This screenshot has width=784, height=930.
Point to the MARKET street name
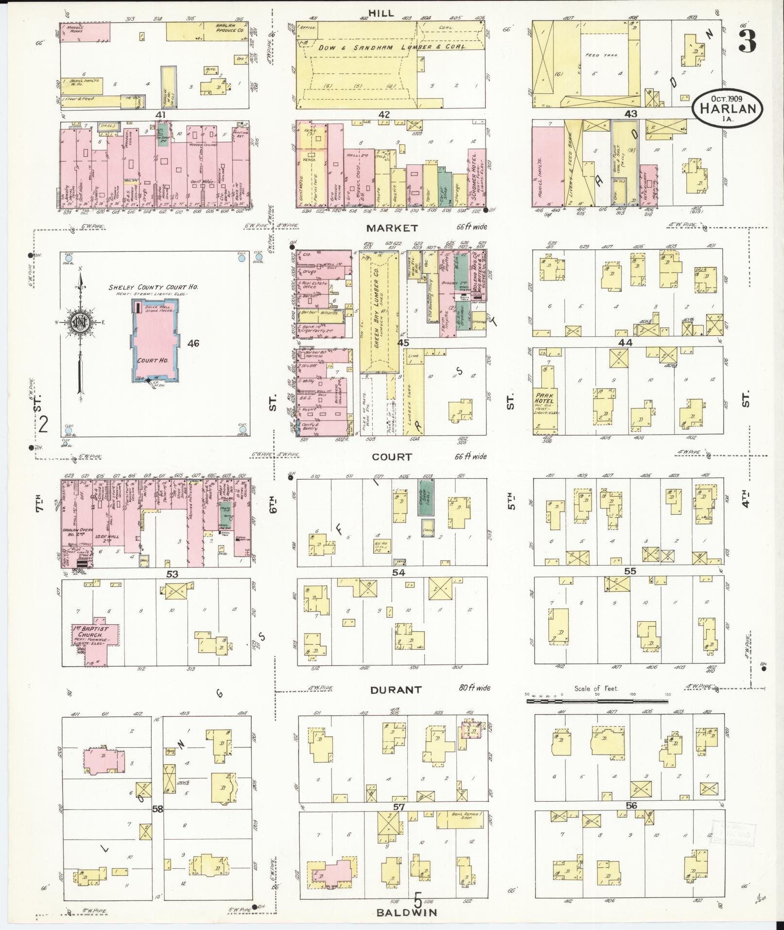[392, 228]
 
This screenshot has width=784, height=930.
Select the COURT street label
[392, 457]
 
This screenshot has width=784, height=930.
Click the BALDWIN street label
[407, 912]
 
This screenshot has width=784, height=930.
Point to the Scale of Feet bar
[597, 702]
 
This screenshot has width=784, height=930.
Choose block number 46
[193, 344]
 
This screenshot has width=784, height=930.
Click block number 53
[172, 574]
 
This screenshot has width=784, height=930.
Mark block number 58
[157, 809]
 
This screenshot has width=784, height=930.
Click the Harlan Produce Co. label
[226, 28]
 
